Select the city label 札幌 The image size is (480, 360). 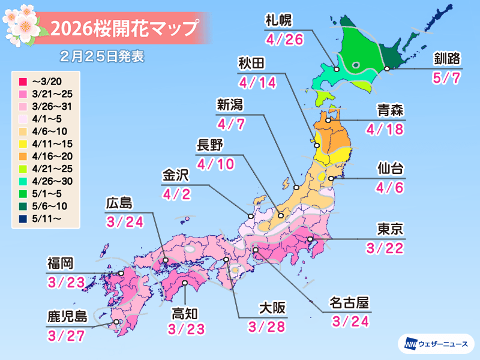[278, 21]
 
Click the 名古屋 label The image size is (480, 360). [349, 302]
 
